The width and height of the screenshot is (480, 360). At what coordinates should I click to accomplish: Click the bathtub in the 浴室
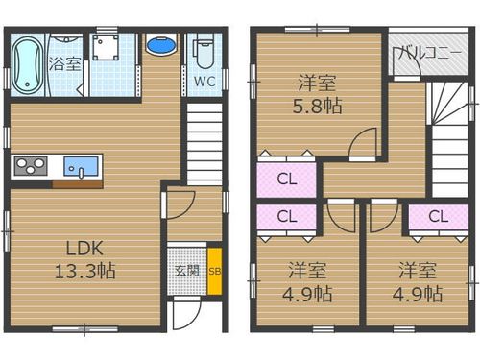[x=28, y=65]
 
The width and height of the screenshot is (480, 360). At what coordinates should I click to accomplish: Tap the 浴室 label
[x=65, y=63]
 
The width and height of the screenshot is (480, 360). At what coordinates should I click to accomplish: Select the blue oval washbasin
[x=161, y=45]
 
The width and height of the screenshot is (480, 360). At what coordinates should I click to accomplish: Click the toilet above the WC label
[x=204, y=53]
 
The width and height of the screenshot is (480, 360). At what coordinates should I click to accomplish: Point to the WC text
[x=204, y=82]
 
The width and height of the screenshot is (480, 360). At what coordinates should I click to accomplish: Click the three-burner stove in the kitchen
[x=31, y=165]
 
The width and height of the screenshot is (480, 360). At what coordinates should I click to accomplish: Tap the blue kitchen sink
[x=81, y=166]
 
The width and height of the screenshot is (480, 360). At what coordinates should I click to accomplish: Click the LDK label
[x=84, y=248]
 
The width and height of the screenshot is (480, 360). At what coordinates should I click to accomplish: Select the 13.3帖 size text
[x=85, y=271]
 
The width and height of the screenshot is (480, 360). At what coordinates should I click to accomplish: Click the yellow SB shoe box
[x=214, y=271]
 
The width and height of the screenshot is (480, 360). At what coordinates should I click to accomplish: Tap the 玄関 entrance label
[x=187, y=271]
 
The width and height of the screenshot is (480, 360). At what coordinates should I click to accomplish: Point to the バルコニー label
[x=430, y=52]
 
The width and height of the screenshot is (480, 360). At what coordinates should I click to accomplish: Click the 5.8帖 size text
[x=317, y=106]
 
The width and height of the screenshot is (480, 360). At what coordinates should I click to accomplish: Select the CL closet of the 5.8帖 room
[x=287, y=180]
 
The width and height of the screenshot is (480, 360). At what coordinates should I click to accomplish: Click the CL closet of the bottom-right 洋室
[x=439, y=217]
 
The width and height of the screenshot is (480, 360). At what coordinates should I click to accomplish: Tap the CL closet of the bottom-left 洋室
[x=287, y=217]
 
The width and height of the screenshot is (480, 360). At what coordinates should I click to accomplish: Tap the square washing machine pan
[x=106, y=47]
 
